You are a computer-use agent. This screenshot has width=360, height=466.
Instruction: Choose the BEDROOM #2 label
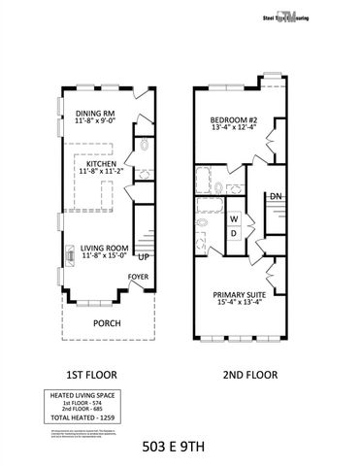click(234, 122)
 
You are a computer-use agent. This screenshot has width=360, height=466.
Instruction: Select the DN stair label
click(276, 197)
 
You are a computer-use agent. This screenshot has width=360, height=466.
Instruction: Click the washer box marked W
click(234, 219)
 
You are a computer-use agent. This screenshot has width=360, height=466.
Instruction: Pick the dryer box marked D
click(234, 232)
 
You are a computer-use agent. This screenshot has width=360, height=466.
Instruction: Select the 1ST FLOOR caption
click(92, 374)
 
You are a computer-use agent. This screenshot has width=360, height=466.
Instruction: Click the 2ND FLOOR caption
click(250, 374)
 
